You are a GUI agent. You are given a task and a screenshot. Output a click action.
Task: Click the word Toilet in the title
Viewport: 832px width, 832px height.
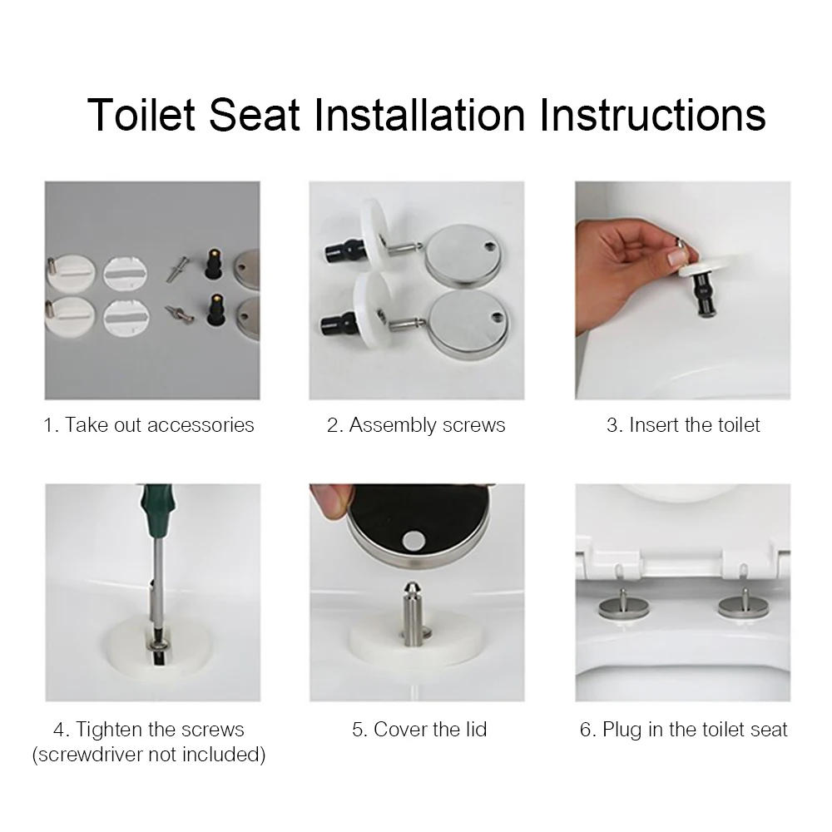click(x=141, y=114)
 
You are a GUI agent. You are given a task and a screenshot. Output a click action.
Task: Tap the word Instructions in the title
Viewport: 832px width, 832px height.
click(x=653, y=114)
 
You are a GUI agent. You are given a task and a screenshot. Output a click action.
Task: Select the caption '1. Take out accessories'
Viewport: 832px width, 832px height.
click(x=149, y=425)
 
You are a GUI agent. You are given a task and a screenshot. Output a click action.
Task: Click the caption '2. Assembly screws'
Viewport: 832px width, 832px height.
click(x=416, y=425)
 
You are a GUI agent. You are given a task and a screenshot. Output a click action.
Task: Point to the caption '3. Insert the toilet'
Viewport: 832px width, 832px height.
click(x=683, y=425)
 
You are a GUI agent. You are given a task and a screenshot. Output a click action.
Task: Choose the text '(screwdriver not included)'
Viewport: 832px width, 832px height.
click(x=149, y=754)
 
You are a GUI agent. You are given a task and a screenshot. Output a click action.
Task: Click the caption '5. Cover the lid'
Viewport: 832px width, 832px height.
click(x=419, y=729)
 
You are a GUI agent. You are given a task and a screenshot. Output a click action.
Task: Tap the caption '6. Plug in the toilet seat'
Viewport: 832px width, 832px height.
click(x=683, y=730)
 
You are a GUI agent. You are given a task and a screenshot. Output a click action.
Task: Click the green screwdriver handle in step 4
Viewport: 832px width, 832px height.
click(x=157, y=503)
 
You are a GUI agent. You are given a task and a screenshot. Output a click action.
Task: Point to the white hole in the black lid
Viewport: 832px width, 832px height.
click(x=413, y=541)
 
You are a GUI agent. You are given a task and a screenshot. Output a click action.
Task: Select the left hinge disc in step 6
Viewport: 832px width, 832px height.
click(x=624, y=607)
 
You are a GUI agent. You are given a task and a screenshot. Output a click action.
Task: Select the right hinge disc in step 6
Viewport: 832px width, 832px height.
click(x=743, y=607)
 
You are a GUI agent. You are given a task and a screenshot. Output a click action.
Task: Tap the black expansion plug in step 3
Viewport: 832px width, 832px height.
click(x=702, y=298)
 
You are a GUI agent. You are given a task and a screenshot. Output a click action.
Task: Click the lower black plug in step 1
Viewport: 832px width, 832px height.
click(x=215, y=311)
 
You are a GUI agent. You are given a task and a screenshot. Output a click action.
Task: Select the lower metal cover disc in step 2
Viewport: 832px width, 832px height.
click(x=468, y=324)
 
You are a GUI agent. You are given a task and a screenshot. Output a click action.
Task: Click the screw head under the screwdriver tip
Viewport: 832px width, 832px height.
click(x=159, y=646)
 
